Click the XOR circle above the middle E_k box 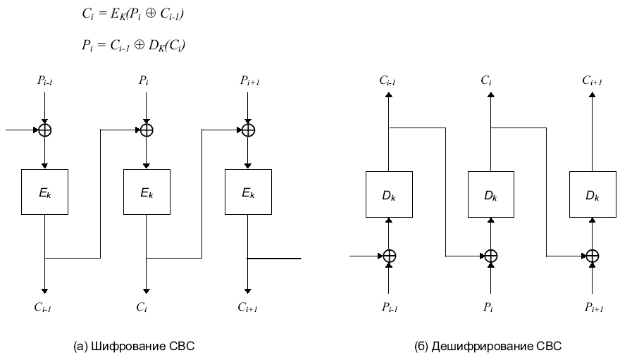coord(146,130)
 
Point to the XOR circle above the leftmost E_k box coord(44,130)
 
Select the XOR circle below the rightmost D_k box coord(593,256)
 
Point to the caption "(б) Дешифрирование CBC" coord(490,346)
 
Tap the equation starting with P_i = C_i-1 coord(133,46)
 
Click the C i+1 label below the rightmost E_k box coord(247,306)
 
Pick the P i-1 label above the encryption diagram coord(44,82)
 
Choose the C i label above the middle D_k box coord(486,82)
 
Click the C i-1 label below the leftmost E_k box coord(44,306)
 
